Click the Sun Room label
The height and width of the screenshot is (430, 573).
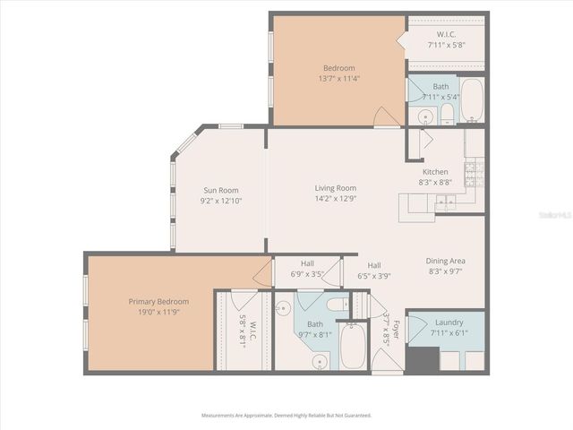coord(221,189)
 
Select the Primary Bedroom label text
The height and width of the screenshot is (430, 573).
coord(158,301)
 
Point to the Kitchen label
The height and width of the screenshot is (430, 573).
coord(435,172)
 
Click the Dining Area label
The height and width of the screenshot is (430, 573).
coord(446,261)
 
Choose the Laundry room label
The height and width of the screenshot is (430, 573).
coord(449,322)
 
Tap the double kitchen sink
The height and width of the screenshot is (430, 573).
coord(445,205)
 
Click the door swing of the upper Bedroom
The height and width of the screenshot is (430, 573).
coord(387,116)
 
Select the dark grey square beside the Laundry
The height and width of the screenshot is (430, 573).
coord(421,357)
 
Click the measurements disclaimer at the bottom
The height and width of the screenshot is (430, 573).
coord(286,416)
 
